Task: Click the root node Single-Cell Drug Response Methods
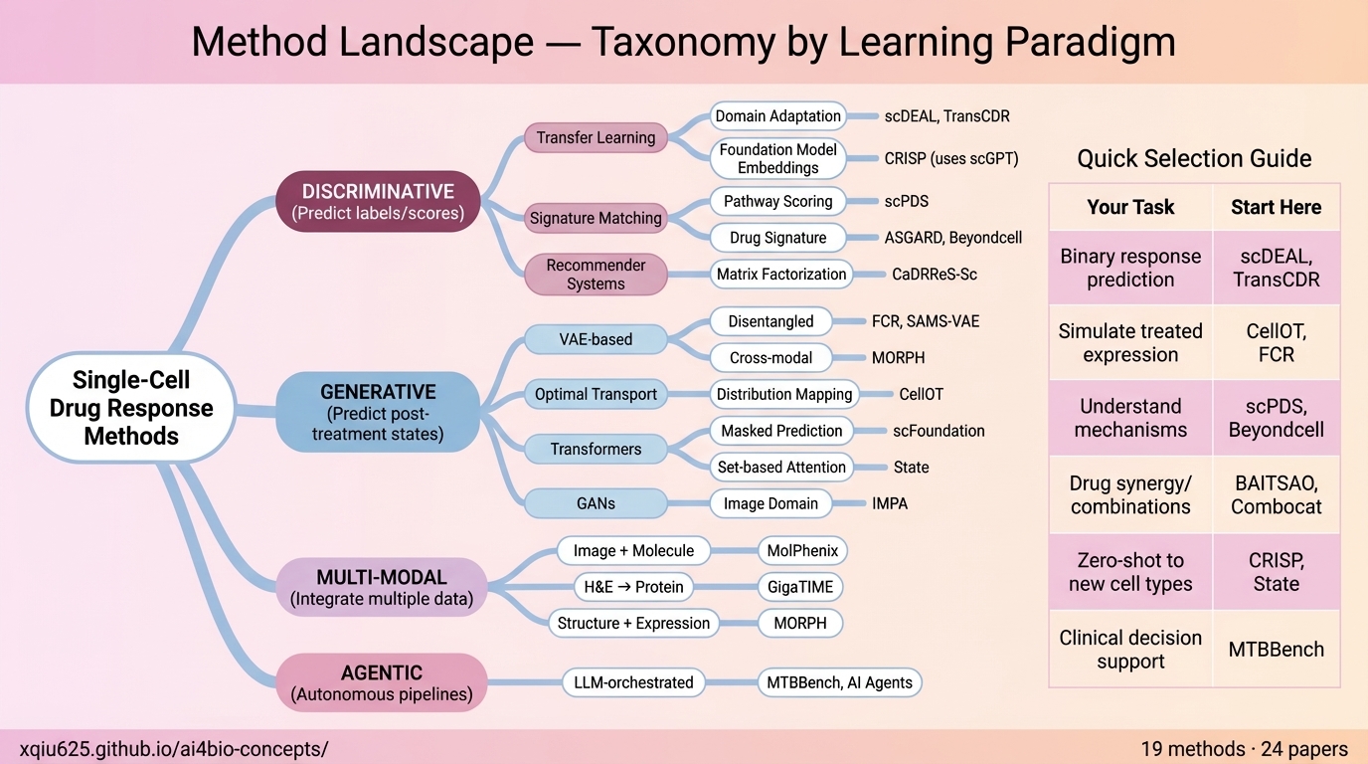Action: (x=131, y=408)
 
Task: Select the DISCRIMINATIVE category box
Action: (x=378, y=201)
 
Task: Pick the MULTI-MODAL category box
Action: (x=381, y=588)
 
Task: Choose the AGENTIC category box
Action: (x=381, y=683)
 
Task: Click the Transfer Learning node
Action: (x=596, y=138)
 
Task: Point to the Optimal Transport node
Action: (x=596, y=394)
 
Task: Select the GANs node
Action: (x=596, y=503)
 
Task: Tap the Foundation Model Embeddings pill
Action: (x=778, y=158)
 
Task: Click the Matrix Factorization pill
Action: (x=781, y=275)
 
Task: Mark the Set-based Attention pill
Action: (x=781, y=467)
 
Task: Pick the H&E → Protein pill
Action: (x=633, y=587)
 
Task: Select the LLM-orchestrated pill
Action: (x=633, y=682)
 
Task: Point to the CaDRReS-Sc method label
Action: (x=935, y=275)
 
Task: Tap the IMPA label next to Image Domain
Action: (x=890, y=503)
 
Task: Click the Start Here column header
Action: (x=1276, y=207)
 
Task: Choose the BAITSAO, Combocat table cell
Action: (x=1276, y=494)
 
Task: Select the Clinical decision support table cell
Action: (x=1130, y=650)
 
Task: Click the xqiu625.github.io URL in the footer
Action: (x=174, y=749)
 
